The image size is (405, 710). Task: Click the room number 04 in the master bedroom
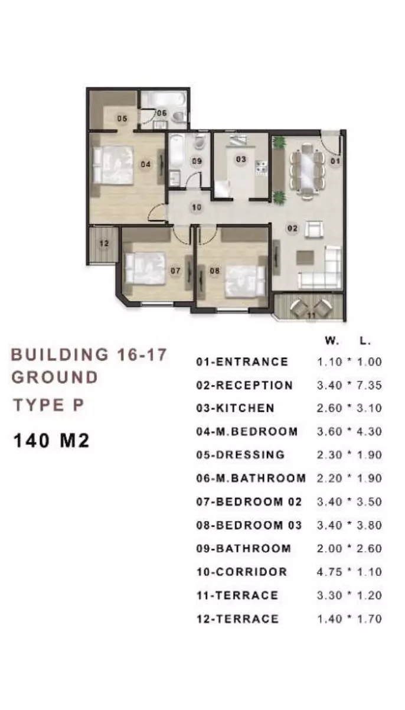[145, 164]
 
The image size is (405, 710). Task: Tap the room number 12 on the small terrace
[104, 243]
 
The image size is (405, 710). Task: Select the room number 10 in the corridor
[197, 207]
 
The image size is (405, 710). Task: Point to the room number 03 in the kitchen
[241, 159]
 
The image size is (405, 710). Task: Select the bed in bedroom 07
[145, 268]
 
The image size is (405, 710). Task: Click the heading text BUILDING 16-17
[89, 354]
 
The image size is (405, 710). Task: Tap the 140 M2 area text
[51, 441]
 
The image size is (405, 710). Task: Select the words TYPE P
[48, 405]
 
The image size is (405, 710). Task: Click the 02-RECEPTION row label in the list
[244, 385]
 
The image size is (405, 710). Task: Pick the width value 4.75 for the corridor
[329, 572]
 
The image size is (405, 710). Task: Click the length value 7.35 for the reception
[369, 385]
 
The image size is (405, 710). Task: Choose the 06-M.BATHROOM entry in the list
[251, 478]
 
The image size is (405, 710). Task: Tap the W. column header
[332, 341]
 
